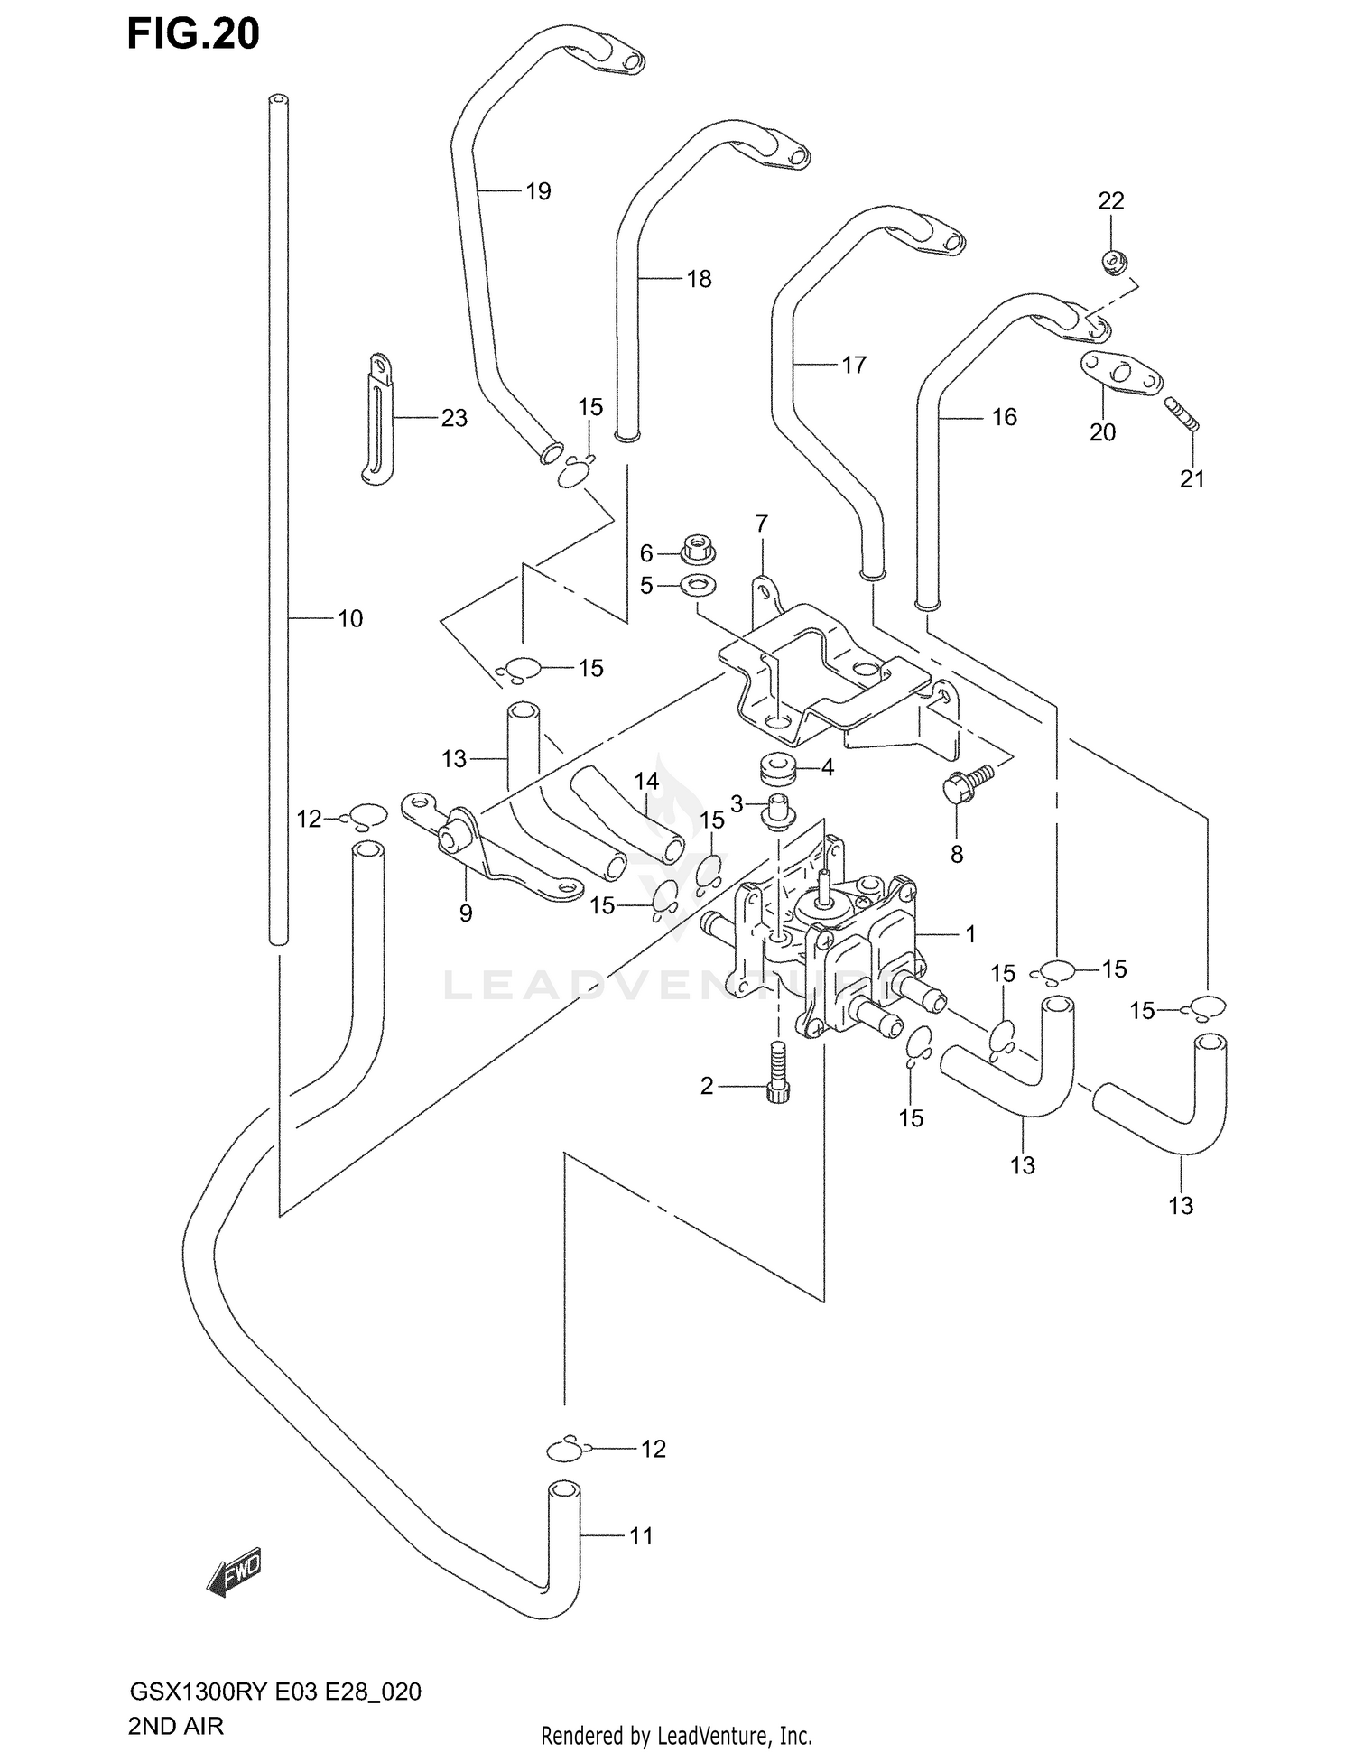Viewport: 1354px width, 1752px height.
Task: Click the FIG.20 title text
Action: [x=193, y=34]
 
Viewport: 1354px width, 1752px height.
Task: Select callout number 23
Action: [x=454, y=418]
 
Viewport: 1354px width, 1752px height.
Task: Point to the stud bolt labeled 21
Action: [x=1182, y=414]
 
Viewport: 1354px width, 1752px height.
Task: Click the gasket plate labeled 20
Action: [x=1120, y=373]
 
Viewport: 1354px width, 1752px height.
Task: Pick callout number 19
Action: [x=538, y=191]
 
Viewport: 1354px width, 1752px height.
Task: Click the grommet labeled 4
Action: [x=776, y=770]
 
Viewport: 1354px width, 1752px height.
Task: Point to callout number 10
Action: [x=350, y=618]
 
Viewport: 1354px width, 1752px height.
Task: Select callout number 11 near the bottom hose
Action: [x=641, y=1535]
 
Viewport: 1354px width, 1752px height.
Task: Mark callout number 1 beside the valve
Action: [x=971, y=934]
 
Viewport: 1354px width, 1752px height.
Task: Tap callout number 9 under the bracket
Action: [x=466, y=913]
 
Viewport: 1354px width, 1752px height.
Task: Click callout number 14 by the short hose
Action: [x=646, y=782]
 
